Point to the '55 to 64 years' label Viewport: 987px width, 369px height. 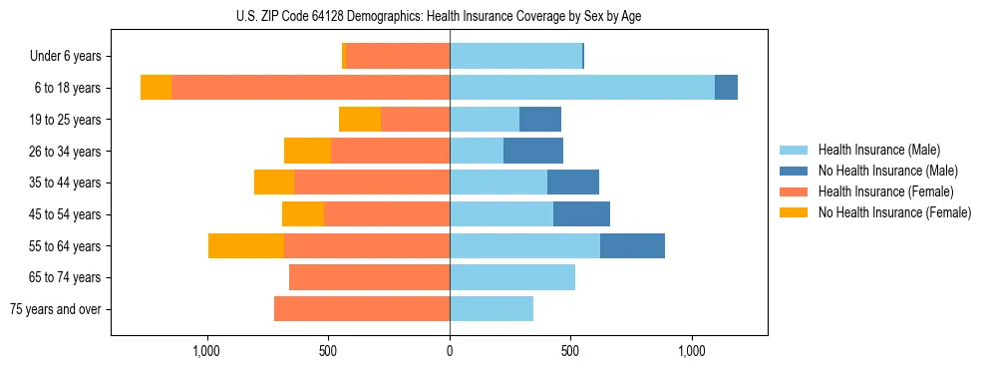click(x=65, y=246)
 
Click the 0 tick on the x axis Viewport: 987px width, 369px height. click(x=450, y=352)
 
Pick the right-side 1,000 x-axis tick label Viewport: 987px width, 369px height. click(x=692, y=352)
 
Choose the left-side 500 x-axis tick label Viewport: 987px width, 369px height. click(x=329, y=352)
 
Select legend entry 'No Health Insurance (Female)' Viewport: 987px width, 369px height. click(x=894, y=212)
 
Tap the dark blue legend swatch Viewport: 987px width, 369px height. click(x=794, y=171)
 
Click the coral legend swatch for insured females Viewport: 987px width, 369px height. click(x=794, y=191)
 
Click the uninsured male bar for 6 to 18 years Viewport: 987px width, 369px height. click(x=726, y=88)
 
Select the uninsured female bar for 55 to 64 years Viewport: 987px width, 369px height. click(x=246, y=246)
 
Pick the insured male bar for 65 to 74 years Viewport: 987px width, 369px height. click(x=512, y=277)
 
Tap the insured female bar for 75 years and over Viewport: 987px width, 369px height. click(x=362, y=309)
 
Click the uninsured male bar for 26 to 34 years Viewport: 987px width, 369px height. click(x=533, y=152)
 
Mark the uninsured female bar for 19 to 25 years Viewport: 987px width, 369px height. click(x=360, y=120)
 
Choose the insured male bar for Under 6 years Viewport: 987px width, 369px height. click(x=515, y=57)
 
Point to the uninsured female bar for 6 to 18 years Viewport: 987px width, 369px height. click(x=156, y=88)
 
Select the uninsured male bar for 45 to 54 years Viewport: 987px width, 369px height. click(x=581, y=214)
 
